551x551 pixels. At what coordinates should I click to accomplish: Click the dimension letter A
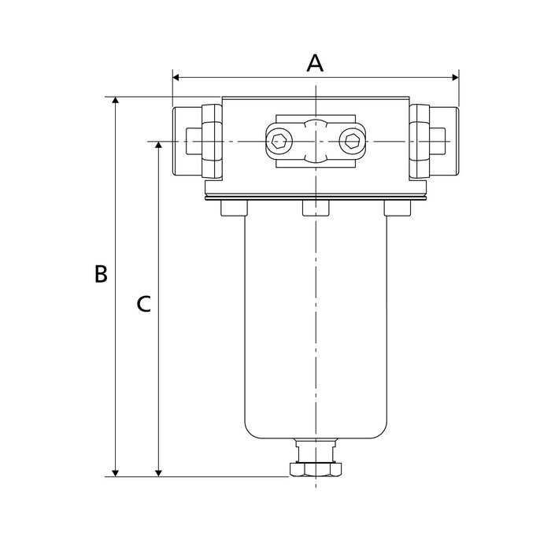[x=315, y=63]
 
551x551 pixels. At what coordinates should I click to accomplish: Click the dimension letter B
[x=101, y=274]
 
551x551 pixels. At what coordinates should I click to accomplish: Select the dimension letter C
[x=143, y=303]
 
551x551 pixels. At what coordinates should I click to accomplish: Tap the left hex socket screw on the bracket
[x=279, y=142]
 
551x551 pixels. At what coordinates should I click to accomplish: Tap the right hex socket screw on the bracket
[x=351, y=142]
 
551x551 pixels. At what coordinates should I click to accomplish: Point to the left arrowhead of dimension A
[x=176, y=78]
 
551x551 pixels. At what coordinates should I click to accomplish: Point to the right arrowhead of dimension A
[x=454, y=78]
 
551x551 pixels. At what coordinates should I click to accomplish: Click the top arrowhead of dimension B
[x=116, y=102]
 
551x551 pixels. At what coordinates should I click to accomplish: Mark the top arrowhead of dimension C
[x=159, y=146]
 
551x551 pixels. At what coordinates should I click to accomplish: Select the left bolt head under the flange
[x=234, y=208]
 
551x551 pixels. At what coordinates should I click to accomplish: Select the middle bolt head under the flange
[x=315, y=208]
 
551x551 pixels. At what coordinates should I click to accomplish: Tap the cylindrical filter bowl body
[x=315, y=331]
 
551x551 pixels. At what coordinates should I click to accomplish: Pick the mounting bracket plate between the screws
[x=315, y=142]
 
